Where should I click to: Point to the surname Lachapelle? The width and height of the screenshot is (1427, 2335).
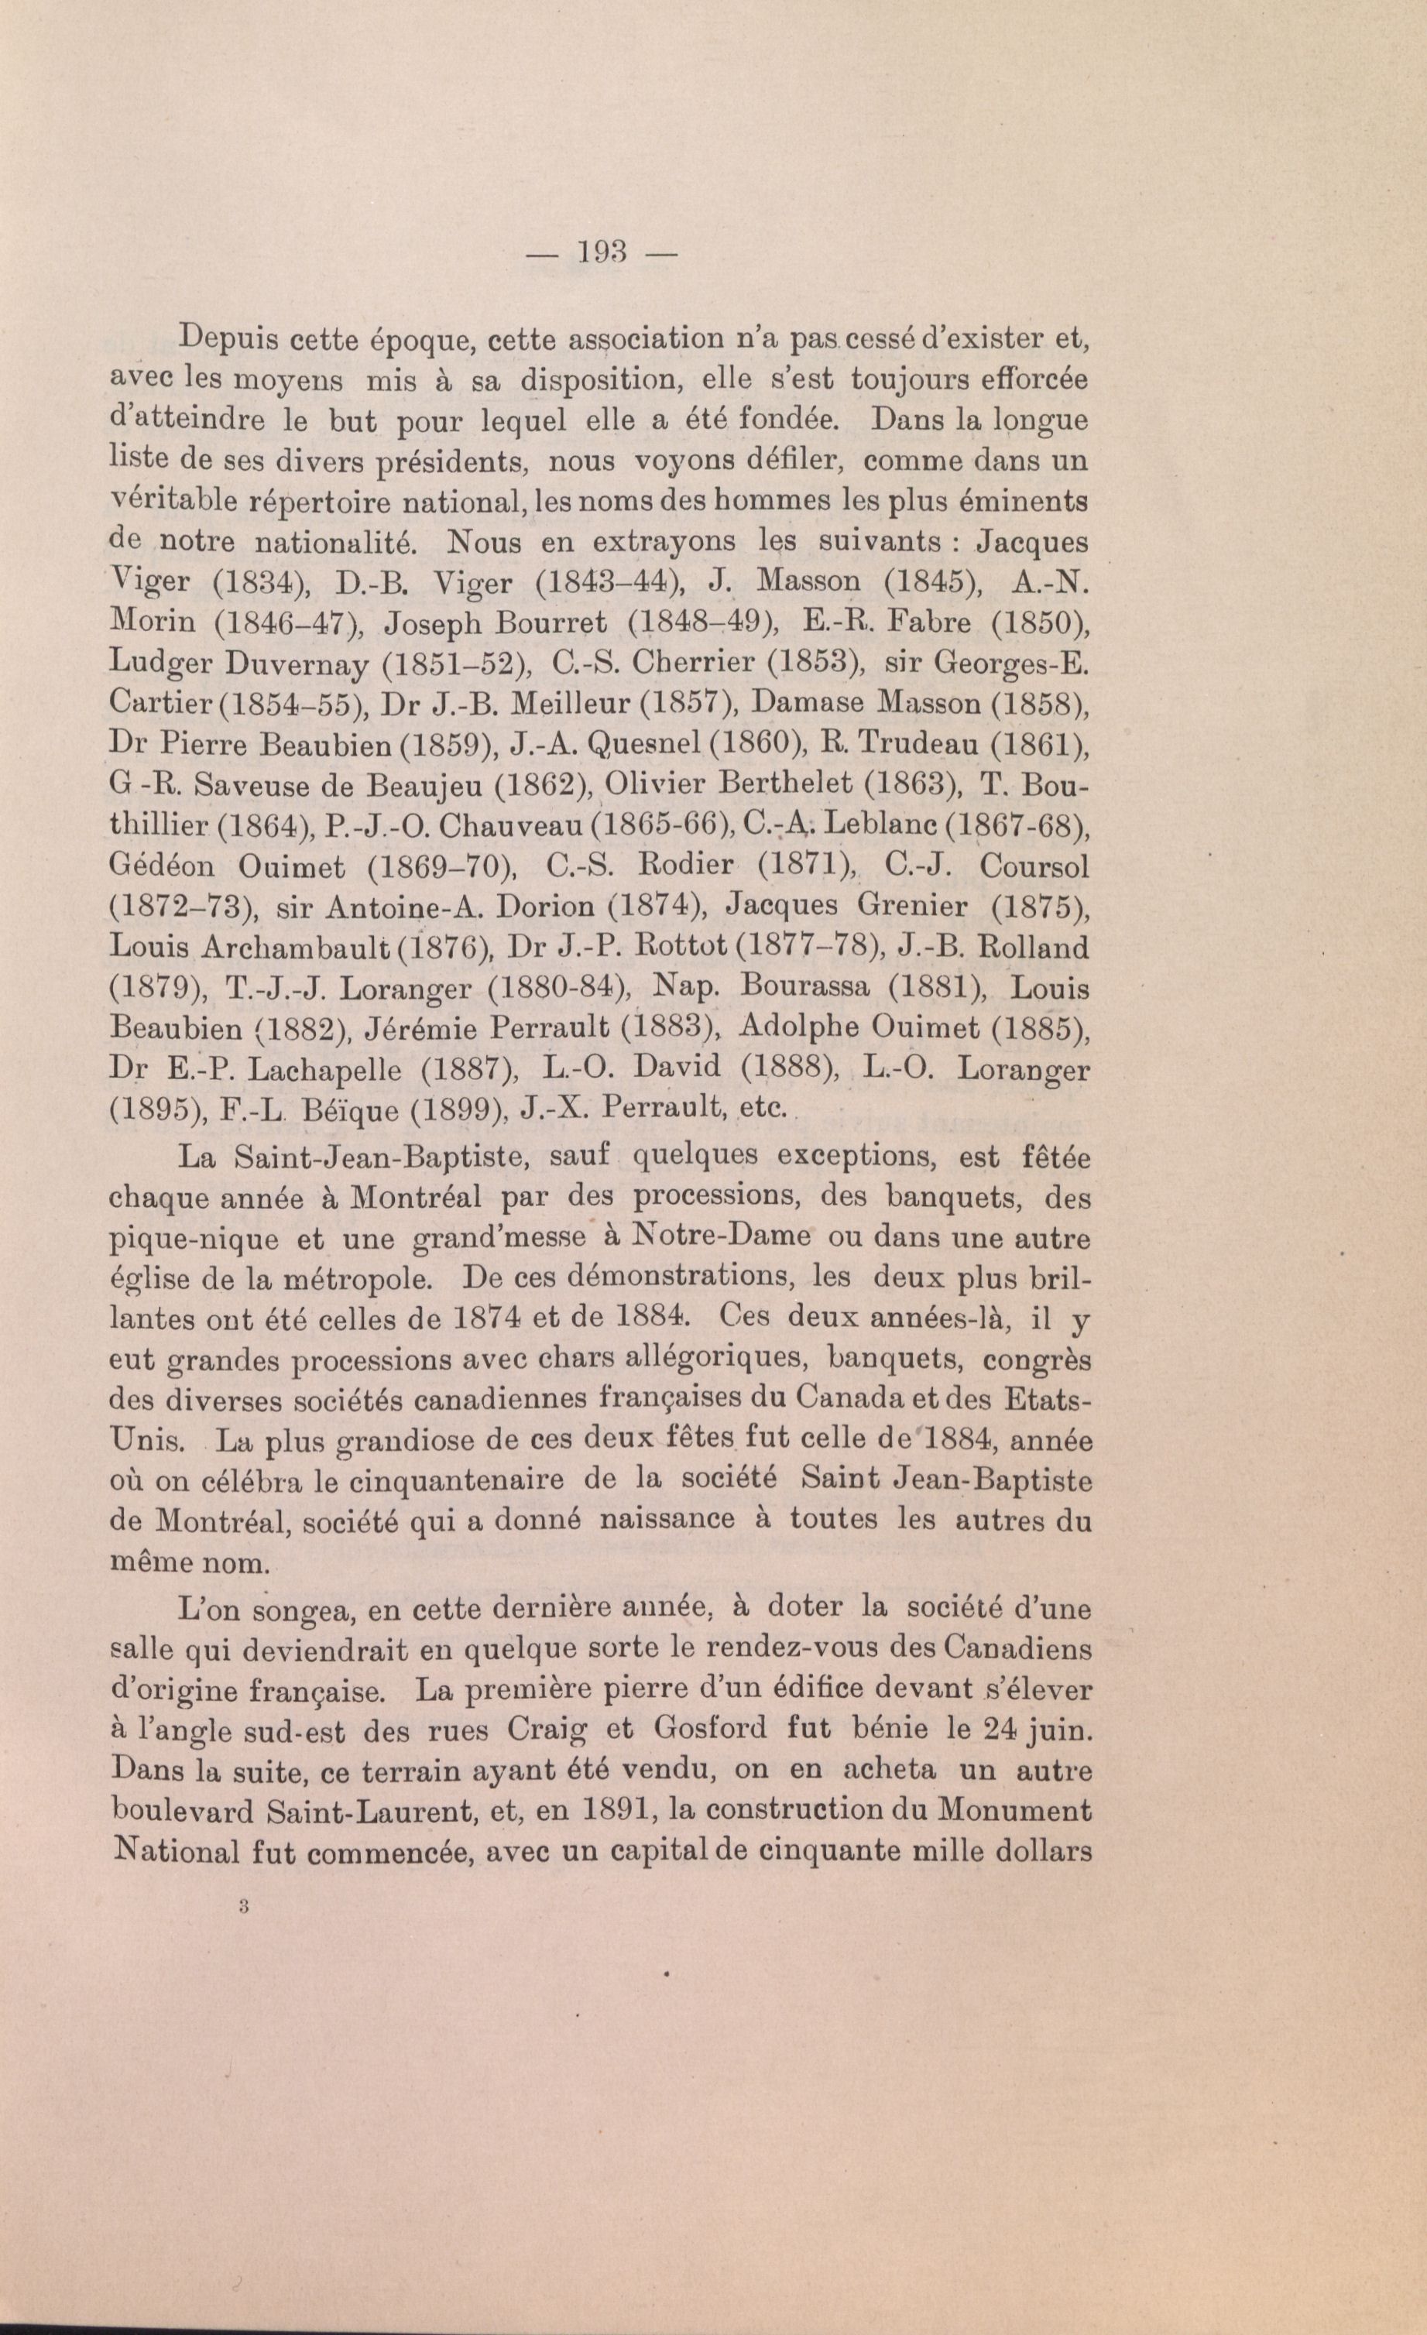tap(321, 1070)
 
